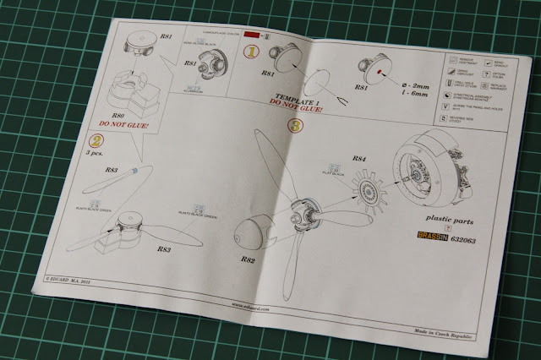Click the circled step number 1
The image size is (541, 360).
[251, 51]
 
